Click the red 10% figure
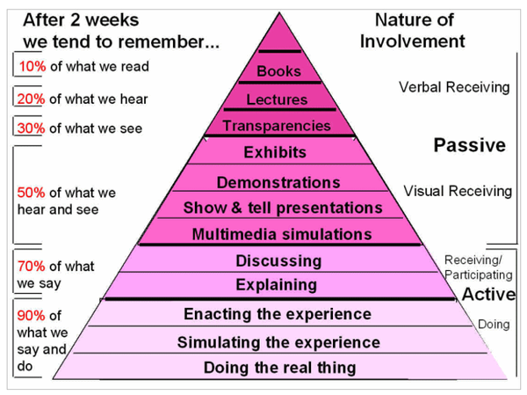pyautogui.click(x=32, y=66)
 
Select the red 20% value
pyautogui.click(x=32, y=99)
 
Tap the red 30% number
pyautogui.click(x=32, y=128)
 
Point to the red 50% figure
pyautogui.click(x=32, y=193)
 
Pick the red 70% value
pyautogui.click(x=32, y=267)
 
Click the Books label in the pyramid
pyautogui.click(x=279, y=71)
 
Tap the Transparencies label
pyautogui.click(x=277, y=126)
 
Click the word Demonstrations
pyautogui.click(x=278, y=183)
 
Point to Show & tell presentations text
pyautogui.click(x=283, y=208)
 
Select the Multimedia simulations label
pyautogui.click(x=283, y=234)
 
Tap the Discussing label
pyautogui.click(x=278, y=260)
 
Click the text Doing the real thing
pyautogui.click(x=280, y=368)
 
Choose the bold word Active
pyautogui.click(x=489, y=294)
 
